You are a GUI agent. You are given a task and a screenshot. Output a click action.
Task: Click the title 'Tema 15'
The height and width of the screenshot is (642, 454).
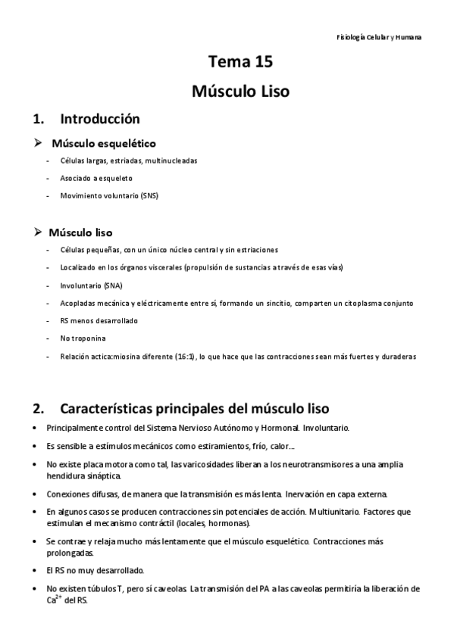[x=240, y=63]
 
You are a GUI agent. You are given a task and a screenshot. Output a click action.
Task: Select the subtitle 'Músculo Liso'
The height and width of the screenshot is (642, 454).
[x=240, y=92]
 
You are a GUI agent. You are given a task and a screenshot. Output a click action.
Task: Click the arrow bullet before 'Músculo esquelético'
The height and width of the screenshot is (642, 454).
[x=40, y=142]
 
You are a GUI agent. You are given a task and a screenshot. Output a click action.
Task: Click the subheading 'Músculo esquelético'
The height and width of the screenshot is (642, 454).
[x=104, y=142]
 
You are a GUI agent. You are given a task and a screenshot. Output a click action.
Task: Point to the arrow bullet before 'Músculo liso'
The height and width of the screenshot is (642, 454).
[x=40, y=231]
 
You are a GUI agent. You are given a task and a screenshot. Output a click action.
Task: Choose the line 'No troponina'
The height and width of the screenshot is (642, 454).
[x=82, y=338]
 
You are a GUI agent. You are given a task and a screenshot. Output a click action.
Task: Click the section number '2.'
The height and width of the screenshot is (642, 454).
[x=38, y=409]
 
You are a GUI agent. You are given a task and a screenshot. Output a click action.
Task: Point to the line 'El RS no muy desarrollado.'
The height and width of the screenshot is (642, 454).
[x=95, y=570]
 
